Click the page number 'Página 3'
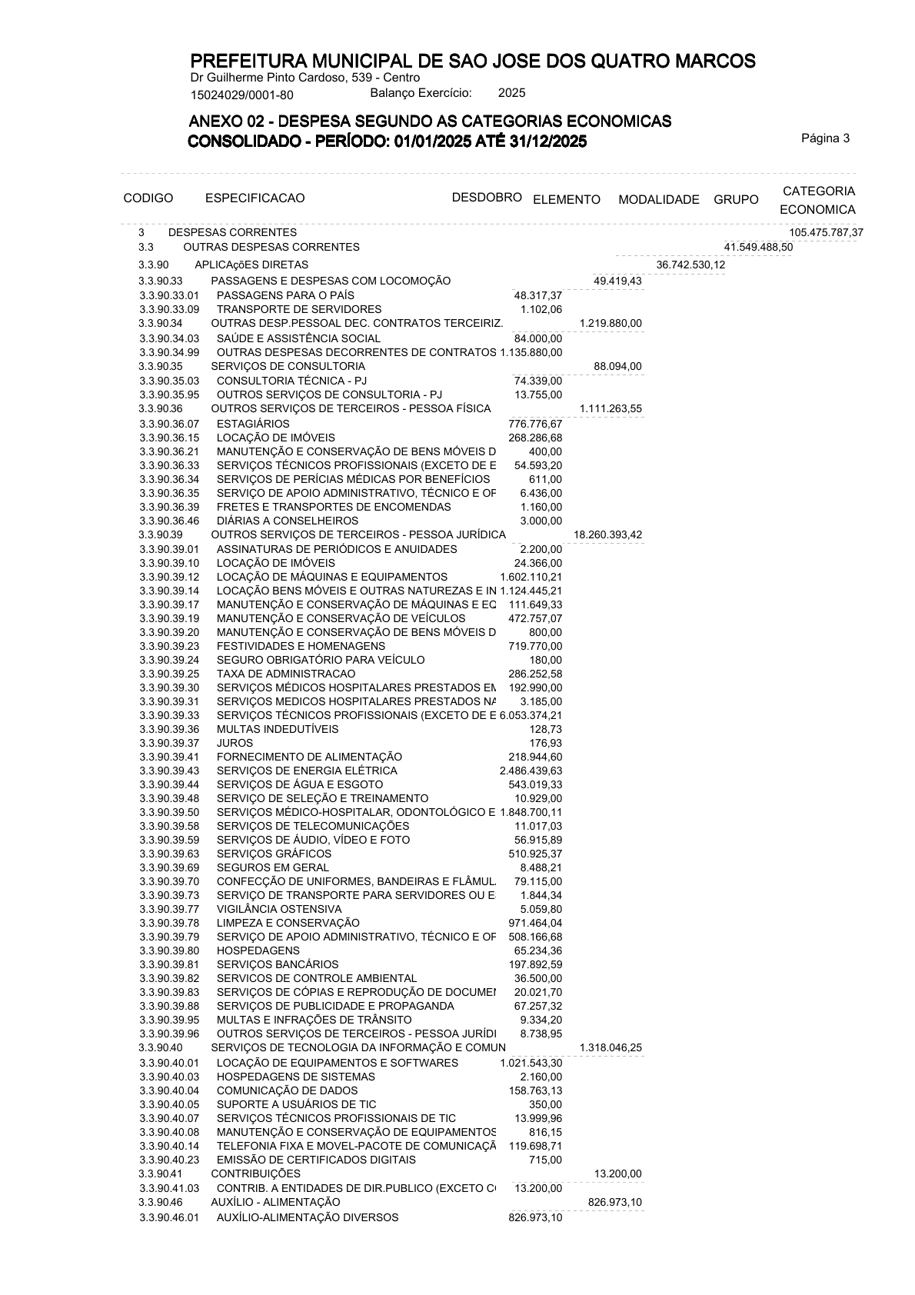tap(825, 139)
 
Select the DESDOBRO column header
tap(487, 197)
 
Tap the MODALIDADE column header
tap(658, 200)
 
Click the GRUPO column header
tap(735, 200)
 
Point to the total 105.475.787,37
tap(825, 232)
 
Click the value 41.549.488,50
tap(758, 247)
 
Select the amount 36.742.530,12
tap(690, 265)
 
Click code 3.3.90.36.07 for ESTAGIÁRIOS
tap(169, 424)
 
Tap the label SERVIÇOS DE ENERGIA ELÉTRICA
tap(307, 771)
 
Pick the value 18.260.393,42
tap(607, 535)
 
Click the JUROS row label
tap(235, 743)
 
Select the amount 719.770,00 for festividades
tap(535, 646)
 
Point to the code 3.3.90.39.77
tap(169, 909)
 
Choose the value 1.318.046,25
tap(610, 1047)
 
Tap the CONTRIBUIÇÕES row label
tap(255, 1173)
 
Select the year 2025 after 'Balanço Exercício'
tap(511, 93)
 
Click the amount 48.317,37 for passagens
tap(537, 295)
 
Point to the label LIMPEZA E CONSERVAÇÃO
tap(288, 923)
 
